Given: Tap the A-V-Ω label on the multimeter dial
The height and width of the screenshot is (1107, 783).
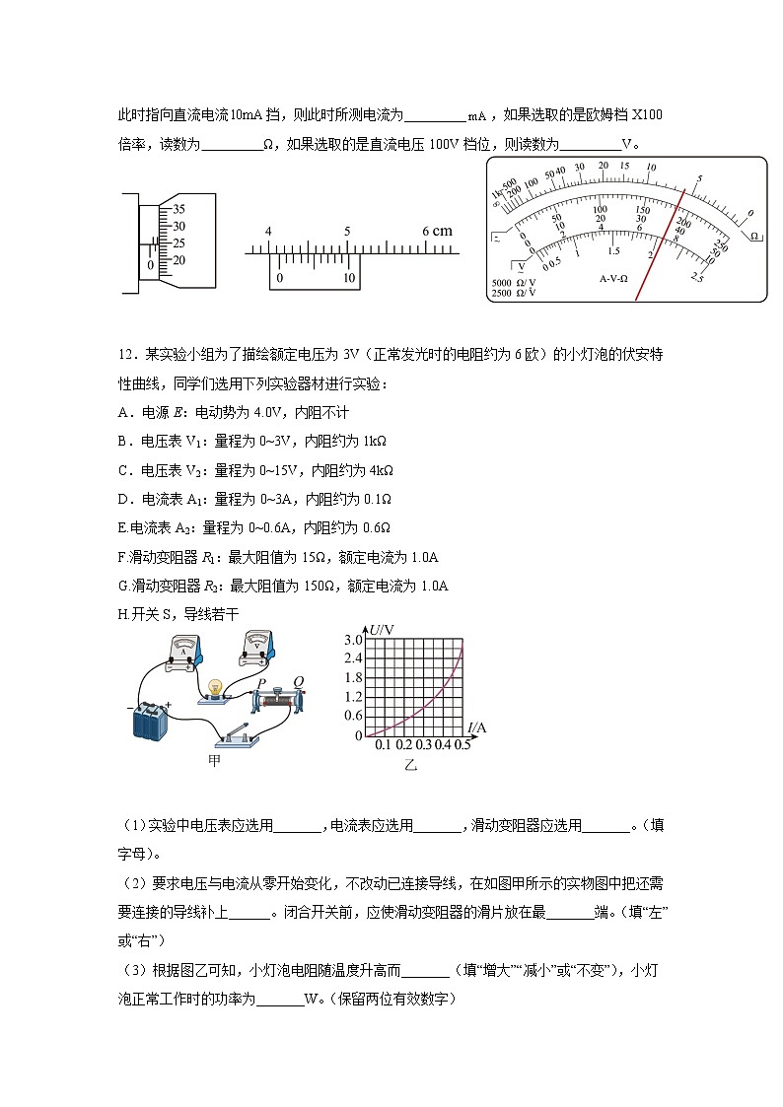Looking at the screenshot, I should click(x=621, y=279).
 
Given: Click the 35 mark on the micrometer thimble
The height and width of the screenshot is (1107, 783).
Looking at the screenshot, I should click(x=178, y=209).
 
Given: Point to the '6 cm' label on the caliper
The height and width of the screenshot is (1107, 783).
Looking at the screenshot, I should click(x=437, y=231).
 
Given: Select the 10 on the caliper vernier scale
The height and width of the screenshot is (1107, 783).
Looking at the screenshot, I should click(x=348, y=278).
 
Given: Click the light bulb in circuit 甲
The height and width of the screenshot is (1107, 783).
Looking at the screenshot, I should click(x=215, y=688).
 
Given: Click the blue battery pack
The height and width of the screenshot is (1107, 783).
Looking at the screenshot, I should click(x=152, y=720).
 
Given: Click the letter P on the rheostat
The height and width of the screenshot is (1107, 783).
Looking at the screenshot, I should click(x=261, y=683).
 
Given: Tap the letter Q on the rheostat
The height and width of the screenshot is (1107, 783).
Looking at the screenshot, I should click(x=297, y=682).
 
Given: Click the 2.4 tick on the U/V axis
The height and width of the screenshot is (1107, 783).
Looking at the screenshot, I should click(x=352, y=658).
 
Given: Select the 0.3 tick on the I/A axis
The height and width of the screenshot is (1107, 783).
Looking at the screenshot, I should click(x=424, y=744).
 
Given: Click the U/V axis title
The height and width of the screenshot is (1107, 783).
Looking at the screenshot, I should click(x=383, y=628).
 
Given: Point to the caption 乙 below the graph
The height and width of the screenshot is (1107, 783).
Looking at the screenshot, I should click(x=410, y=765).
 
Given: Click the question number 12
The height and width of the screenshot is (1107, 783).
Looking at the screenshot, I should click(x=125, y=354).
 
